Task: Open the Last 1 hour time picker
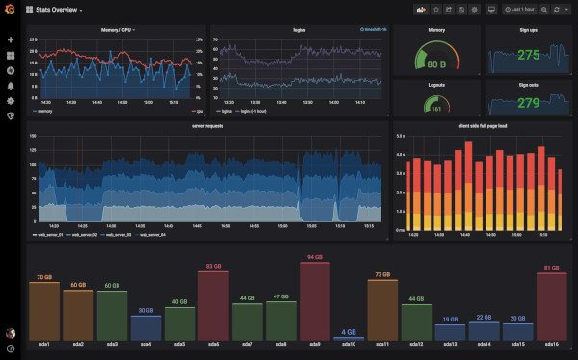click(519, 10)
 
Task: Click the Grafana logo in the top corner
click(10, 10)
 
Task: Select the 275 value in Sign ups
click(528, 56)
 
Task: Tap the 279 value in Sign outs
click(528, 103)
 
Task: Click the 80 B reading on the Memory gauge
click(436, 64)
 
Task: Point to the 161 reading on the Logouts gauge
click(436, 109)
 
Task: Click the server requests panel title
click(207, 126)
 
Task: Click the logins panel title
click(300, 30)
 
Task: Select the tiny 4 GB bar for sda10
click(348, 337)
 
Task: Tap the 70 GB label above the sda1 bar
click(44, 277)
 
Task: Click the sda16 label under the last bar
click(551, 345)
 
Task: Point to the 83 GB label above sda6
click(213, 266)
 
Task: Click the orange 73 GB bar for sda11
click(381, 309)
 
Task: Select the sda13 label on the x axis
click(450, 345)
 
